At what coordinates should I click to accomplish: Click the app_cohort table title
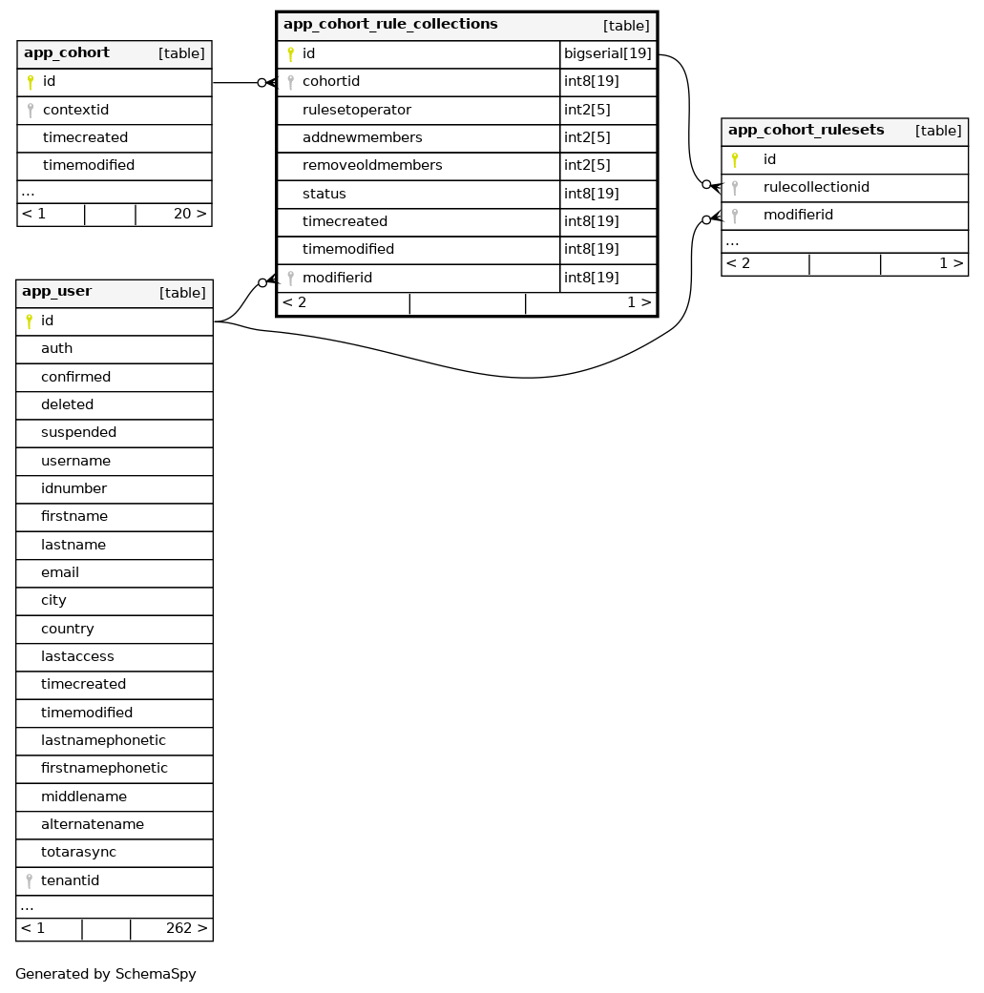coord(67,53)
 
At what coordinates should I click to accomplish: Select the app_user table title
coord(57,292)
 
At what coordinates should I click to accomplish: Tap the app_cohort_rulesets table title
coord(806,131)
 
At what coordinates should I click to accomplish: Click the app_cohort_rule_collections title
coord(390,24)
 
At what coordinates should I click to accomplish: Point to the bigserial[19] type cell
coord(608,54)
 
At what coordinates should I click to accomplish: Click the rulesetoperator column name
coord(357,110)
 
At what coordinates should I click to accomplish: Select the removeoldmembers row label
coord(372,166)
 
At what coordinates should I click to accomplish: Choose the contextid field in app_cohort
coord(76,111)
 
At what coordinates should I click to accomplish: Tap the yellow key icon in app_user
coord(29,321)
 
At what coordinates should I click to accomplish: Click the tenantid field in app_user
coord(70,880)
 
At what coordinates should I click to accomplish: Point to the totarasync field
coord(78,853)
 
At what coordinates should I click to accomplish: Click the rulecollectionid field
coord(816,187)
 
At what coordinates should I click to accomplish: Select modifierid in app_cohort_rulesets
coord(798,216)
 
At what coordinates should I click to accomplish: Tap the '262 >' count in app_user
coord(186,929)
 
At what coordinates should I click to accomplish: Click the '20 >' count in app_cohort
coord(189,214)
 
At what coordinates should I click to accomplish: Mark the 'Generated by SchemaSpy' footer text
coord(106,975)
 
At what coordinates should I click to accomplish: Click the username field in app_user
coord(75,462)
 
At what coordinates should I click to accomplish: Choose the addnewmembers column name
coord(363,138)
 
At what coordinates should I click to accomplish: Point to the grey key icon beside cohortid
coord(290,82)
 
